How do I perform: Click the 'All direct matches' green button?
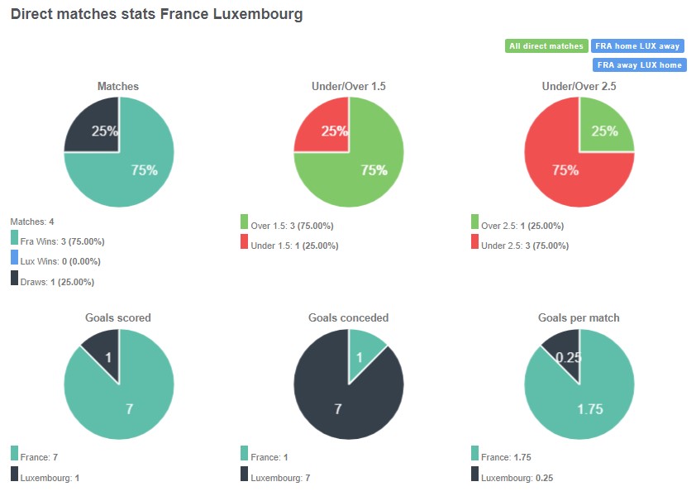pos(546,46)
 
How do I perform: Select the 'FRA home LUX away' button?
pos(638,46)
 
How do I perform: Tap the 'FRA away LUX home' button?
pos(639,64)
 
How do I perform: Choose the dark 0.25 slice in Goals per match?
pos(565,354)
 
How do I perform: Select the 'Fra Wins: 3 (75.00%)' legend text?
pos(62,241)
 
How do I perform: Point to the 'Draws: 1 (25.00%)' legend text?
pos(57,282)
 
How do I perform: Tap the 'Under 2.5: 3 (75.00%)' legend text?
pos(525,246)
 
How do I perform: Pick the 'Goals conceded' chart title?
pos(348,317)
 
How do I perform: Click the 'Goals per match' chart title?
pos(579,317)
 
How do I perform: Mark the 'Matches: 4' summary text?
pos(32,222)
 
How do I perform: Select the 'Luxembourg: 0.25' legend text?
pos(518,478)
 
